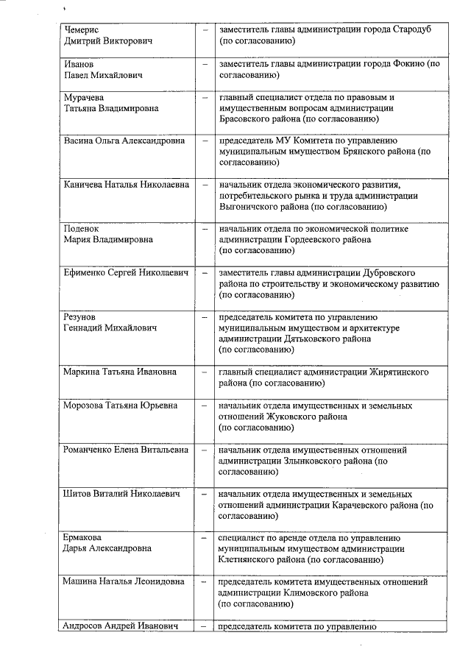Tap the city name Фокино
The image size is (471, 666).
point(404,64)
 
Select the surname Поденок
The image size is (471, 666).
point(83,229)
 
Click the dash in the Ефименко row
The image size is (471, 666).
point(205,273)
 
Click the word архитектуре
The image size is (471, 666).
point(392,327)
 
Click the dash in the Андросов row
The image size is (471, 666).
point(205,627)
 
